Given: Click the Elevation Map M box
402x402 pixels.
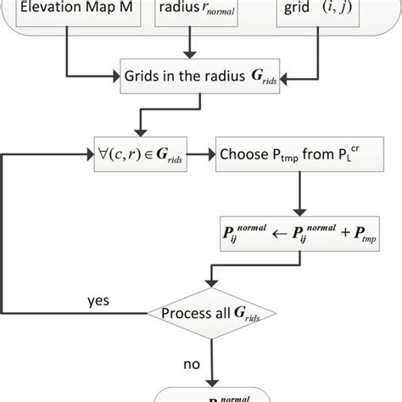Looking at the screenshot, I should point(64,14).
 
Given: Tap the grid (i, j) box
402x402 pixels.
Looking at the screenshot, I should point(327,14).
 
